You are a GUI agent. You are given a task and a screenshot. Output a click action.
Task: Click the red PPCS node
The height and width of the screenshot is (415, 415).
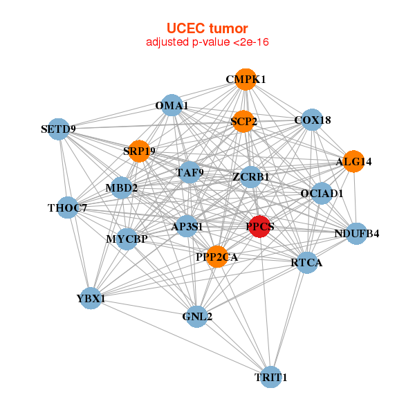[x=259, y=227]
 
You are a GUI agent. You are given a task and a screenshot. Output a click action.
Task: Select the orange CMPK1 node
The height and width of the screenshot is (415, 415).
[x=246, y=80]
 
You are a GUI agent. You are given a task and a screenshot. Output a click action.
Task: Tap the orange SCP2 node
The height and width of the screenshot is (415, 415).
[x=243, y=122]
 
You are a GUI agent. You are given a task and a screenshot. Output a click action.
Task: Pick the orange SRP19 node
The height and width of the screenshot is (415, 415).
[x=139, y=151]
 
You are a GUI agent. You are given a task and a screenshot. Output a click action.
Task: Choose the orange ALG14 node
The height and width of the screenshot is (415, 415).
[x=353, y=162]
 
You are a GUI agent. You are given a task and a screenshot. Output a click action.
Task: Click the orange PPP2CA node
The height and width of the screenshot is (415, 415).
[x=216, y=257]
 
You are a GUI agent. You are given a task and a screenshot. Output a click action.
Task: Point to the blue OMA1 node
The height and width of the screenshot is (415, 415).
[x=172, y=106]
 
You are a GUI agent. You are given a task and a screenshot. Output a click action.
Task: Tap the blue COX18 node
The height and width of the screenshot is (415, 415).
[x=313, y=120]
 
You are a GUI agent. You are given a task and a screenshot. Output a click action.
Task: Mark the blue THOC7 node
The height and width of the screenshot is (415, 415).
[x=67, y=207]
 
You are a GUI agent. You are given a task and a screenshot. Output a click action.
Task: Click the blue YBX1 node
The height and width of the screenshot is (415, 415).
[x=91, y=298]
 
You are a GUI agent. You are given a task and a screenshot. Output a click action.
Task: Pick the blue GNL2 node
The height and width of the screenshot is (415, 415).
[x=197, y=316]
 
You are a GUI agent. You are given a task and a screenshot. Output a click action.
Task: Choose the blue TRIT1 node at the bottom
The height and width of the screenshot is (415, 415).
[x=270, y=377]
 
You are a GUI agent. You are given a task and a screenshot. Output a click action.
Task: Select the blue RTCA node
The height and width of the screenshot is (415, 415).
[x=307, y=262]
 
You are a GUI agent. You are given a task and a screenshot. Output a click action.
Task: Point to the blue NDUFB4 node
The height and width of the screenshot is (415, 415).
[x=357, y=234]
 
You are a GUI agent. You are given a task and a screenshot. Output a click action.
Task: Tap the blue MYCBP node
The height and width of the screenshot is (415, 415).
[x=128, y=239]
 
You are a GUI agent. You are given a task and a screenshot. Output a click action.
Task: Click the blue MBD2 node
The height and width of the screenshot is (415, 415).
[x=121, y=187]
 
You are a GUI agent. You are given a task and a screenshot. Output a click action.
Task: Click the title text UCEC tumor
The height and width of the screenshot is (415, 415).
[x=207, y=28]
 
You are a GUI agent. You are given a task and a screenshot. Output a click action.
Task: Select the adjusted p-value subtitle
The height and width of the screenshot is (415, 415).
[x=207, y=42]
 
